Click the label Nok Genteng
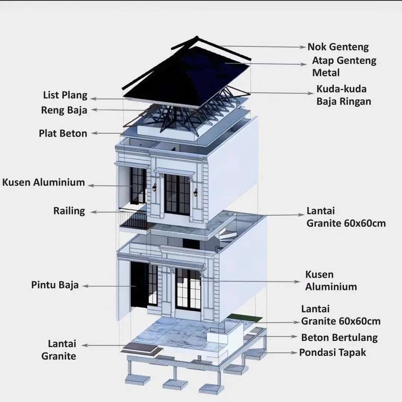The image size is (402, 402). tap(338, 47)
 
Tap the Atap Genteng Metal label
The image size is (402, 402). tap(344, 67)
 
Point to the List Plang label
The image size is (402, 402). tap(65, 95)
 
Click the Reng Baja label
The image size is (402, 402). tap(64, 110)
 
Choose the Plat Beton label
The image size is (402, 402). tap(63, 133)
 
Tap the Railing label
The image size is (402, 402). tap(69, 211)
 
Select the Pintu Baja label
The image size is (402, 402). tap(55, 285)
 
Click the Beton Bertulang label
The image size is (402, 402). tap(339, 337)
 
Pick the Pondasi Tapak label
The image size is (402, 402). tap(332, 352)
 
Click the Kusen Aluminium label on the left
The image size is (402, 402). tap(44, 182)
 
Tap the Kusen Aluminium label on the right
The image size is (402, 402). tap(331, 280)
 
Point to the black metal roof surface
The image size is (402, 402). tap(189, 76)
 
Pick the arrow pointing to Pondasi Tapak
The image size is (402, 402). tap(281, 352)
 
